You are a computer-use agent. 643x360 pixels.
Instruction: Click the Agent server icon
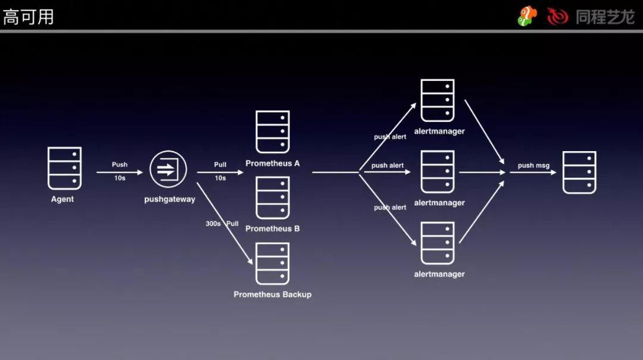point(64,168)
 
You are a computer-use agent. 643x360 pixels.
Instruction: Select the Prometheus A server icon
point(273,132)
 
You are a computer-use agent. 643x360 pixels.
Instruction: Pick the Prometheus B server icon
point(273,198)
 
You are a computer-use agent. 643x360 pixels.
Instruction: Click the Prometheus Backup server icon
point(273,263)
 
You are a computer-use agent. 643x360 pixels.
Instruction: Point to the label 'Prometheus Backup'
point(273,295)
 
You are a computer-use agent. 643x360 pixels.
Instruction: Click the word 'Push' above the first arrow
point(120,165)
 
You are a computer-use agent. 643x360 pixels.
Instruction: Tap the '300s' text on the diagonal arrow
point(213,224)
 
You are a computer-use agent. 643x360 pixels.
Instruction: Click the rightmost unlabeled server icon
point(579,173)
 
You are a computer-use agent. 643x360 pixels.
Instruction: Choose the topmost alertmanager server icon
point(438,101)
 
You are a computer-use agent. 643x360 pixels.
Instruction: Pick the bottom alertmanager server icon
point(438,243)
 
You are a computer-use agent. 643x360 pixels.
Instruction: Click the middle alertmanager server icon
point(438,172)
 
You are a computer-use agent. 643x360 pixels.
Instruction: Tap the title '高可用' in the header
point(29,17)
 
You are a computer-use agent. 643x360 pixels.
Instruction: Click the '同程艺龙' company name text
point(605,17)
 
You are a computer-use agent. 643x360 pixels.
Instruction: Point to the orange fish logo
point(526,16)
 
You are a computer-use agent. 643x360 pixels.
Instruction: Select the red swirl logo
point(558,17)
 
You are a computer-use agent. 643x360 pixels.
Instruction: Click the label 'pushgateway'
point(170,199)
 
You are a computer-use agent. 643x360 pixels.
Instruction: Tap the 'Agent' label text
point(63,199)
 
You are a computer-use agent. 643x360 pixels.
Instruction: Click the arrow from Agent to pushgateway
point(120,173)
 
